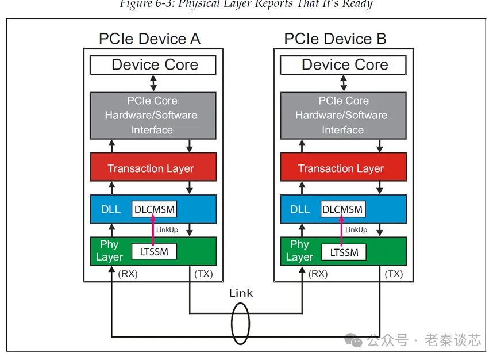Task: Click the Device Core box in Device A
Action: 153,65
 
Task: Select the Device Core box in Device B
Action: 344,65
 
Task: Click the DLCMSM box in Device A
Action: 154,209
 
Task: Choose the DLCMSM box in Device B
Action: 343,209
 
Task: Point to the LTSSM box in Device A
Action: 154,251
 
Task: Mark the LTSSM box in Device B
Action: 344,252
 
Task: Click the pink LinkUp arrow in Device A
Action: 153,229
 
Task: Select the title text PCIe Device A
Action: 149,39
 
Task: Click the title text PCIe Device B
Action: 335,39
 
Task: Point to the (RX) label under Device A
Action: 128,274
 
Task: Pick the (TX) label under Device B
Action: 394,274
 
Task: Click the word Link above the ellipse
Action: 241,293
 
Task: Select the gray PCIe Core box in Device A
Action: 153,115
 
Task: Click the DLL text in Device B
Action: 299,209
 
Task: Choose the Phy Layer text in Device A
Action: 109,251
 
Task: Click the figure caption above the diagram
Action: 246,5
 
